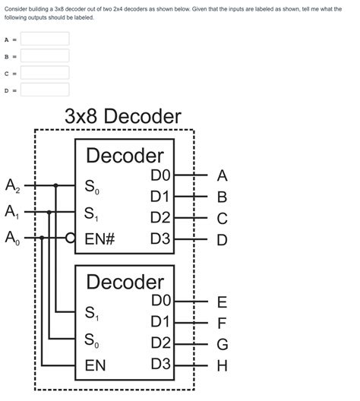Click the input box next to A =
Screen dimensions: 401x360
point(45,39)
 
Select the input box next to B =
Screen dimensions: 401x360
point(45,55)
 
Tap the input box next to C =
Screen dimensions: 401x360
point(45,73)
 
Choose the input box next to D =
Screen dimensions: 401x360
point(45,90)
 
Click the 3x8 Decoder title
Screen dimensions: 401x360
point(122,116)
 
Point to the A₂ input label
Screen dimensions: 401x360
point(14,185)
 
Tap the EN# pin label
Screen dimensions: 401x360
point(99,238)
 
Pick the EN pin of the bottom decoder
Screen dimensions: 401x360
point(95,365)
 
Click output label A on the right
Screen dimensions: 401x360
point(222,176)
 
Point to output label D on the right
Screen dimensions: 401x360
point(222,240)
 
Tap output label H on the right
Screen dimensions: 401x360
point(222,366)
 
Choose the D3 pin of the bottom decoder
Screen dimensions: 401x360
point(161,364)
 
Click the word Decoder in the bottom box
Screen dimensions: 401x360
point(125,282)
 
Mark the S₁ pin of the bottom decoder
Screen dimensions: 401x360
point(91,312)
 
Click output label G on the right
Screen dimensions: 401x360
point(222,345)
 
